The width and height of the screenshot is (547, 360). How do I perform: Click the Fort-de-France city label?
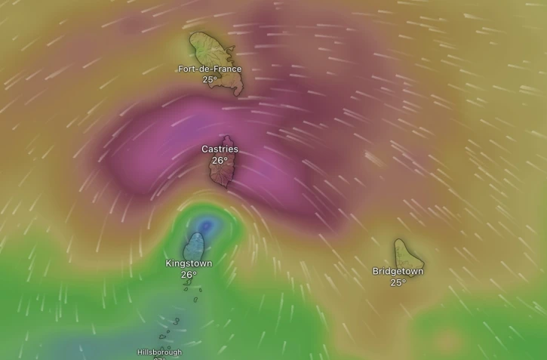pos(210,69)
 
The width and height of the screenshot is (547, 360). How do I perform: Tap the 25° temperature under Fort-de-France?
pos(210,79)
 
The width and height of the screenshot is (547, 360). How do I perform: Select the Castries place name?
pos(220,149)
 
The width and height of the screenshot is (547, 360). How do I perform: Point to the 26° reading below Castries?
pos(220,160)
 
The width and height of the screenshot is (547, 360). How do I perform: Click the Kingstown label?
pos(189,263)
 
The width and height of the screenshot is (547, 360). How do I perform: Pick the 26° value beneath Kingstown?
pos(189,275)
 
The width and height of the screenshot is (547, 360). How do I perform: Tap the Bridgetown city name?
pos(398,271)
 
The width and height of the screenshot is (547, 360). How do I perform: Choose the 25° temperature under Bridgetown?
pos(398,282)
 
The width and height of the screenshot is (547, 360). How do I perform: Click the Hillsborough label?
pos(159,352)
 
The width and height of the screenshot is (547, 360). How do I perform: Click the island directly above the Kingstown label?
pos(195,246)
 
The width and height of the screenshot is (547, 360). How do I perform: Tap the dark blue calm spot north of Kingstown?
pos(206,225)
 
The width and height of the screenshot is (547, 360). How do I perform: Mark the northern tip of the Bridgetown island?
pos(398,241)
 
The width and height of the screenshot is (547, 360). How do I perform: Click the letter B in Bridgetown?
pos(376,271)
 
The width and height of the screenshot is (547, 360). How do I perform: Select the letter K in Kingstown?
pos(168,263)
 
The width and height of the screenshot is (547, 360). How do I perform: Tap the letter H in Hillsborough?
pos(140,352)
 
